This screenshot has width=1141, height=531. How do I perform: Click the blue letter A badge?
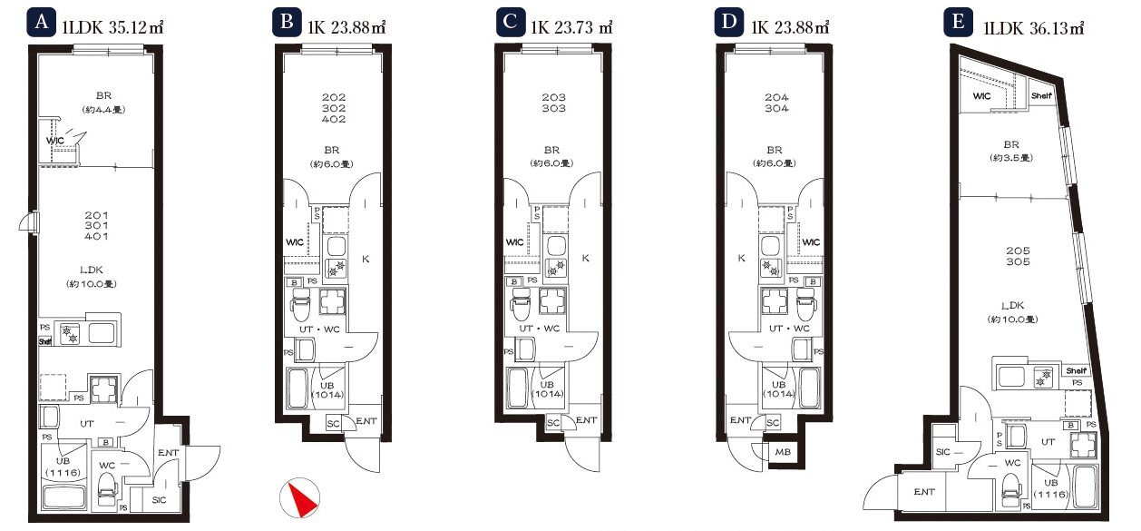[x=41, y=23]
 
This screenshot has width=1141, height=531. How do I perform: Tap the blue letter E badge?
[x=958, y=23]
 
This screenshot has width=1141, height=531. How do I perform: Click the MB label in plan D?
[x=783, y=452]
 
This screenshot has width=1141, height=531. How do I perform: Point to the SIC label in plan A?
[x=159, y=500]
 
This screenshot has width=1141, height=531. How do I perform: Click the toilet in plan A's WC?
[x=107, y=489]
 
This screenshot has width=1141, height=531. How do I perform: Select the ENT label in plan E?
[x=924, y=492]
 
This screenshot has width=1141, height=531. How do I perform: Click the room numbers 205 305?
[x=1018, y=256]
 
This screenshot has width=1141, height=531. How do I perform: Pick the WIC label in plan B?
[x=295, y=242]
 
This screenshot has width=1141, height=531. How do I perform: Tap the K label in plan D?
[x=742, y=259]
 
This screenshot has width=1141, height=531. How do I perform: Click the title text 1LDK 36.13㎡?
[x=1034, y=27]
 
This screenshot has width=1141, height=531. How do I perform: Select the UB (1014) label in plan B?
[x=327, y=389]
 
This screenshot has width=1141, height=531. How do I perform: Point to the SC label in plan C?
[x=553, y=422]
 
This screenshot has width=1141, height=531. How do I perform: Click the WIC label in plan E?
[x=981, y=96]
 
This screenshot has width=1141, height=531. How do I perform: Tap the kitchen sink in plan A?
[x=102, y=334]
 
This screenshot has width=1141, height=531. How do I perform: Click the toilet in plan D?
[x=805, y=304]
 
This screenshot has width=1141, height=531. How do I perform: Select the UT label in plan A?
[x=86, y=424]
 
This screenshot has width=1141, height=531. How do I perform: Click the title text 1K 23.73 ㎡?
[x=571, y=27]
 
